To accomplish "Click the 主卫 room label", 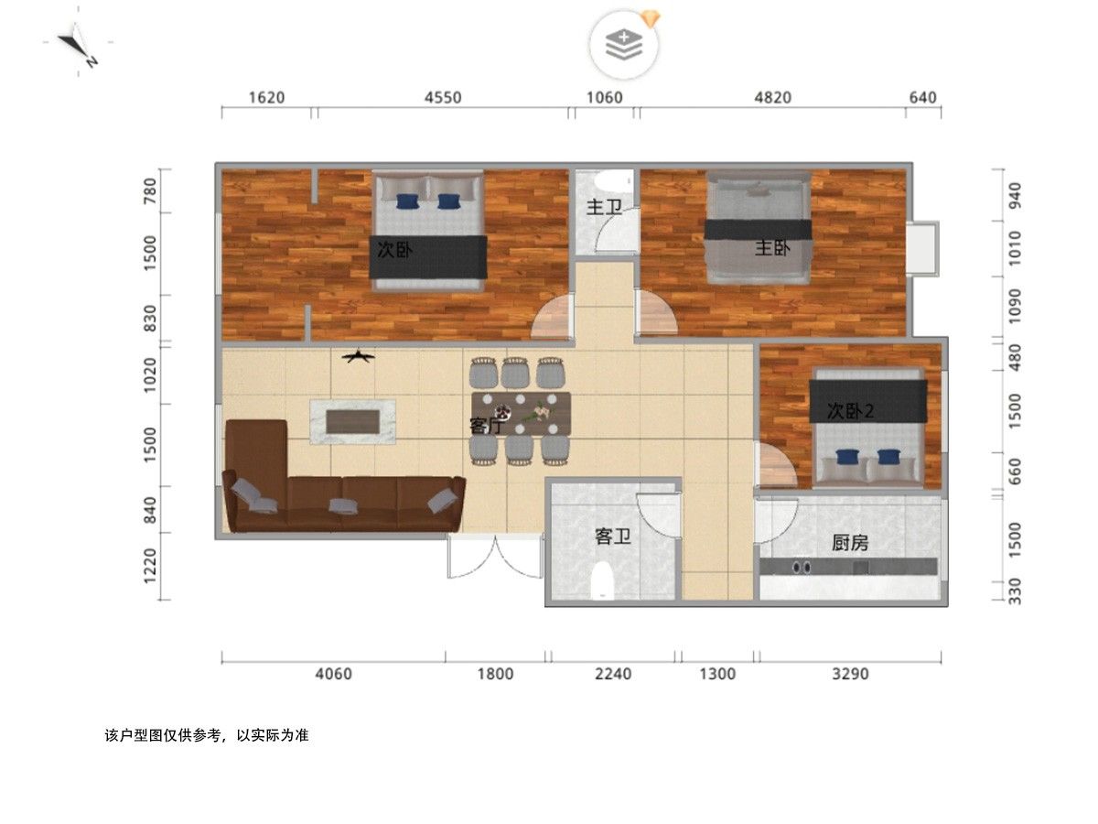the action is (x=603, y=207).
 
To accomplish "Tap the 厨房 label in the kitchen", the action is (x=849, y=542).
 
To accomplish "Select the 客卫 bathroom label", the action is (x=613, y=537).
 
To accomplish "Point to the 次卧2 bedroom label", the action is (x=850, y=411).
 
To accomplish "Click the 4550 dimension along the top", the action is (x=443, y=97).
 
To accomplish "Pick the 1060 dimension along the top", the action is (x=604, y=97).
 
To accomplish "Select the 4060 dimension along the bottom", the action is (x=334, y=674).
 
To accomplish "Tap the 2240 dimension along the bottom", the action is (x=613, y=674).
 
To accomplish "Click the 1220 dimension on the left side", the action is (x=150, y=566).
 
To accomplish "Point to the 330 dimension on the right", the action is (x=1015, y=591).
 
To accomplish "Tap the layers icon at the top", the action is (x=624, y=45).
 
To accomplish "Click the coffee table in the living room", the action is (x=352, y=422).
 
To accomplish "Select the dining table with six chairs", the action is (x=521, y=412).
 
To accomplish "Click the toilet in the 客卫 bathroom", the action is (x=602, y=580).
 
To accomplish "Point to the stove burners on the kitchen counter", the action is (x=802, y=567).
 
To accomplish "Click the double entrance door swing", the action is (x=495, y=557).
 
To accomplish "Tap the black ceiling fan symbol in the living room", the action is (x=358, y=356).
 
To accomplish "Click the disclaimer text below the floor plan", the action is (x=207, y=735).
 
